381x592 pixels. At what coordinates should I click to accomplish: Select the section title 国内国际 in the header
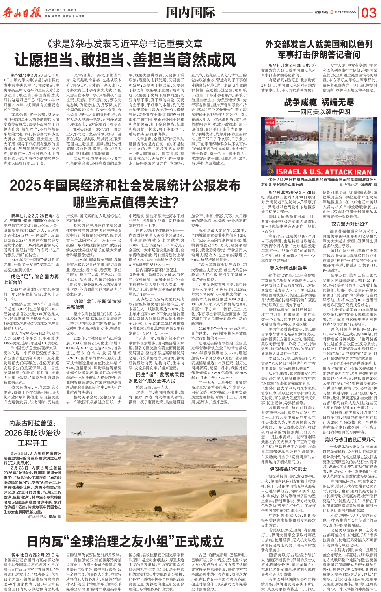point(190,13)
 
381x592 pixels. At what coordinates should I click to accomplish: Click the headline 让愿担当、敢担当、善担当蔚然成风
point(125,60)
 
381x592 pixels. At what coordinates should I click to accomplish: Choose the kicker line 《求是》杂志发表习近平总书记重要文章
point(125,44)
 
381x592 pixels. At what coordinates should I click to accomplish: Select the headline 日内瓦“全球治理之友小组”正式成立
point(125,542)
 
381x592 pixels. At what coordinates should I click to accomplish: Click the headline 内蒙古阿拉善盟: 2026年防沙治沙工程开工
point(32,433)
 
